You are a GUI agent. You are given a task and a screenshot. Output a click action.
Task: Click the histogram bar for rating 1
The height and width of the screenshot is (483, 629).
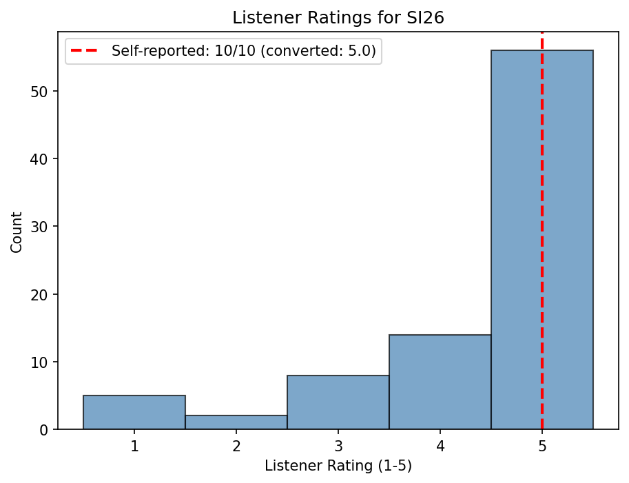(x=134, y=412)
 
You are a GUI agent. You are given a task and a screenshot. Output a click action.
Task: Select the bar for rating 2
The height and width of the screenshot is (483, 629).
(x=236, y=422)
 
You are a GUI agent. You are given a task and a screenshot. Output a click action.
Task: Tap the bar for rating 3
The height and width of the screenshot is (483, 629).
(x=338, y=402)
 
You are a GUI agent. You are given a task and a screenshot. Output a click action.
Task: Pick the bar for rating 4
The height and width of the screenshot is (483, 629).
(x=440, y=382)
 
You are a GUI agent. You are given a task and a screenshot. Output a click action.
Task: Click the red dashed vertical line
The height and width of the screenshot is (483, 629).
(x=542, y=207)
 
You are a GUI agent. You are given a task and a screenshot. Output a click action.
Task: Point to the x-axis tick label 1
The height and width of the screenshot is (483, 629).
(x=134, y=446)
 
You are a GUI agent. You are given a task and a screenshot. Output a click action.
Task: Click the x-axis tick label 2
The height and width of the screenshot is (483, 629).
(x=236, y=446)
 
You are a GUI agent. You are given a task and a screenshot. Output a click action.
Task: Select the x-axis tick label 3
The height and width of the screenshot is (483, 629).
(x=338, y=446)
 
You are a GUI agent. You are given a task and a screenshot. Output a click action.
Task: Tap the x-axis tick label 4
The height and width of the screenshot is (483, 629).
(x=440, y=446)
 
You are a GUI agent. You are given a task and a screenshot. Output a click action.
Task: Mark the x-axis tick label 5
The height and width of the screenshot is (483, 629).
(x=542, y=446)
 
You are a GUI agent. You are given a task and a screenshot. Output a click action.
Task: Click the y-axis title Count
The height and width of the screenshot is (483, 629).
(x=17, y=232)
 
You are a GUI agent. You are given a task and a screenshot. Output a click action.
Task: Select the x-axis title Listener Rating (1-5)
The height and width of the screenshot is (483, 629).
(x=338, y=466)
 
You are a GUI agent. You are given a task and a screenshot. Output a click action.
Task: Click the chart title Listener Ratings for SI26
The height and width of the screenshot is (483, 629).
(x=338, y=18)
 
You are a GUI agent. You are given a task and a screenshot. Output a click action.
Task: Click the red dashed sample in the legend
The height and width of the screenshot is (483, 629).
(x=85, y=52)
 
